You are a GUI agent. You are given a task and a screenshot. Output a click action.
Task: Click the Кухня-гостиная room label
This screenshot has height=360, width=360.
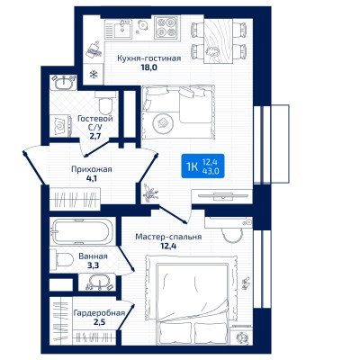click(149, 58)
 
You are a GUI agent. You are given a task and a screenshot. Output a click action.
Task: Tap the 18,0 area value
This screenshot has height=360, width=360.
click(149, 67)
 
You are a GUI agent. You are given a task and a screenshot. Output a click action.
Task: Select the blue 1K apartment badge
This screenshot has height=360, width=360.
click(202, 166)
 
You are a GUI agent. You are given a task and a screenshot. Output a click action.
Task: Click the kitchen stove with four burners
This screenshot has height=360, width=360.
click(166, 27)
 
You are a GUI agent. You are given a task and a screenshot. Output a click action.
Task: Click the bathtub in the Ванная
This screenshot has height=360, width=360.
click(83, 231)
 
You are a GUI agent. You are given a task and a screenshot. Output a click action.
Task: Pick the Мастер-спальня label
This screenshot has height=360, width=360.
click(168, 237)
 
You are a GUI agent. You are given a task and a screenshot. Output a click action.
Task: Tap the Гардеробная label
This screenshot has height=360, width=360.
click(99, 313)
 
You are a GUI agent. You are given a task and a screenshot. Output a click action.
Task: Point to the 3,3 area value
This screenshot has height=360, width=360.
click(93, 265)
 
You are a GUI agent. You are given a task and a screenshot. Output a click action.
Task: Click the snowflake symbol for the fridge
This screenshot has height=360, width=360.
click(94, 74)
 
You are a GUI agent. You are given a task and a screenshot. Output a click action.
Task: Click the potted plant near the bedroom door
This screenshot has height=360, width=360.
click(150, 193)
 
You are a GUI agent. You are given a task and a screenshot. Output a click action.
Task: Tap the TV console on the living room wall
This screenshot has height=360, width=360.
click(223, 196)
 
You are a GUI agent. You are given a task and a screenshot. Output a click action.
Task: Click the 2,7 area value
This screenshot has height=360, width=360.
click(94, 136)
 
